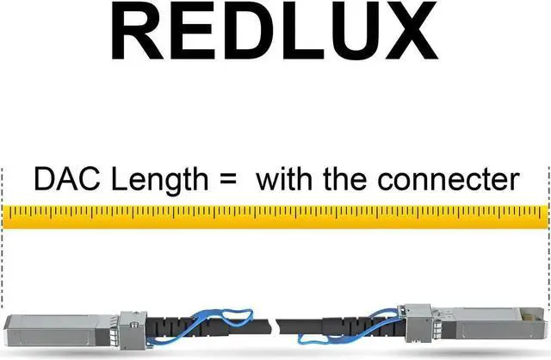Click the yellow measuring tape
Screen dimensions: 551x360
pos(275,215)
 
